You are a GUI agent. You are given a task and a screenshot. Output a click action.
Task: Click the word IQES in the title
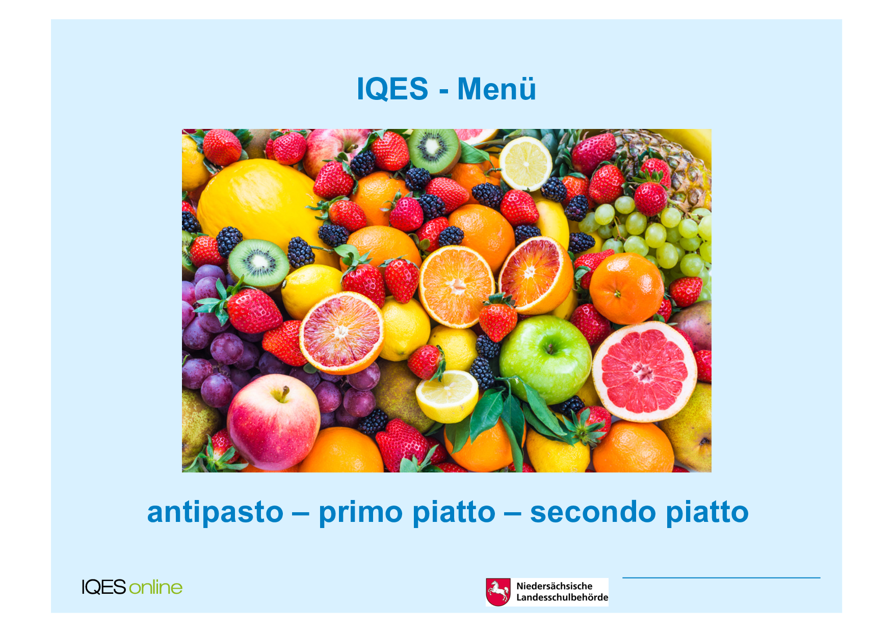pos(392,89)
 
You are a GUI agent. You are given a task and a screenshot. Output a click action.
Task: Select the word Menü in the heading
pos(496,89)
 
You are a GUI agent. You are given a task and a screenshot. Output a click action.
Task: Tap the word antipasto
pos(215,512)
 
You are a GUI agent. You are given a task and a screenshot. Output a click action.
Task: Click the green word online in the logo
pos(155,587)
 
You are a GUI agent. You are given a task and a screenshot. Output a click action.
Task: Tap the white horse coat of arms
pos(498,592)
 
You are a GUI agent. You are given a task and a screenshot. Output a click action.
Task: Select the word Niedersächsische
pos(555,586)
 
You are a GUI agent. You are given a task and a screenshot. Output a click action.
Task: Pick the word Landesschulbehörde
pos(562,597)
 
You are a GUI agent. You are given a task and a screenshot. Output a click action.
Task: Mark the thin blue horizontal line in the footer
pos(721,578)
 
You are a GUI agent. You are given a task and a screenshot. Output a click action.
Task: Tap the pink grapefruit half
pos(644,372)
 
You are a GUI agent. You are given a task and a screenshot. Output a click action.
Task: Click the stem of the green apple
pos(550,348)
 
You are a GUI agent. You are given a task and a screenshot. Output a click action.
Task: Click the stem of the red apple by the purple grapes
pos(282,393)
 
